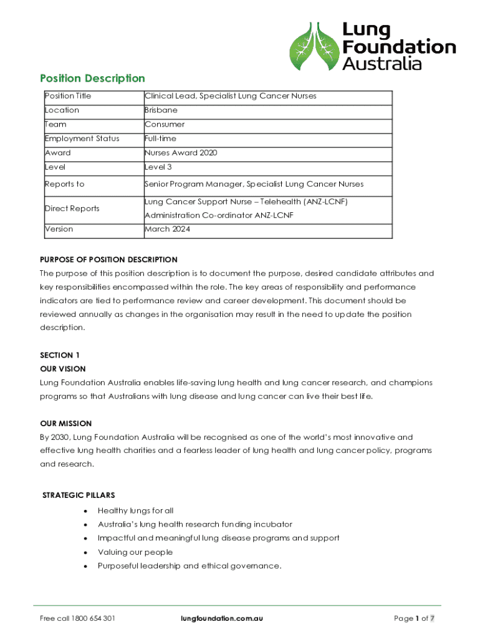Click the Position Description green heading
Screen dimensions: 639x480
tap(92, 78)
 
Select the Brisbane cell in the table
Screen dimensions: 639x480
tap(161, 110)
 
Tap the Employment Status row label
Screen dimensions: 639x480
tap(82, 139)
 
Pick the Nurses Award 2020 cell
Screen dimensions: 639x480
tap(181, 153)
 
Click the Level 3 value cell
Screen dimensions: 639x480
tap(158, 167)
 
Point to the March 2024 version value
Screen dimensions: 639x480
tap(167, 229)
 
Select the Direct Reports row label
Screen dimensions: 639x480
tap(72, 208)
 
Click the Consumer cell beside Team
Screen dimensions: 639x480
tap(165, 124)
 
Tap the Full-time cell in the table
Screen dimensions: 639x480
tap(160, 139)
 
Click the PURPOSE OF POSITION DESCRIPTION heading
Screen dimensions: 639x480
tap(108, 260)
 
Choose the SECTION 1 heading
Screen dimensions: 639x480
tap(60, 355)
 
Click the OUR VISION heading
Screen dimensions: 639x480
tap(62, 369)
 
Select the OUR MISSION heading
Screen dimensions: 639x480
tap(65, 423)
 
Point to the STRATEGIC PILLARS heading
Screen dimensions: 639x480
tap(79, 495)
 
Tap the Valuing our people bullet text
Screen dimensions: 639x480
tap(135, 552)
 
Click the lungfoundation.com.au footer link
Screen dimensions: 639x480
tap(221, 618)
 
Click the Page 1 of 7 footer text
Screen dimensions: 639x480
tap(414, 618)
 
